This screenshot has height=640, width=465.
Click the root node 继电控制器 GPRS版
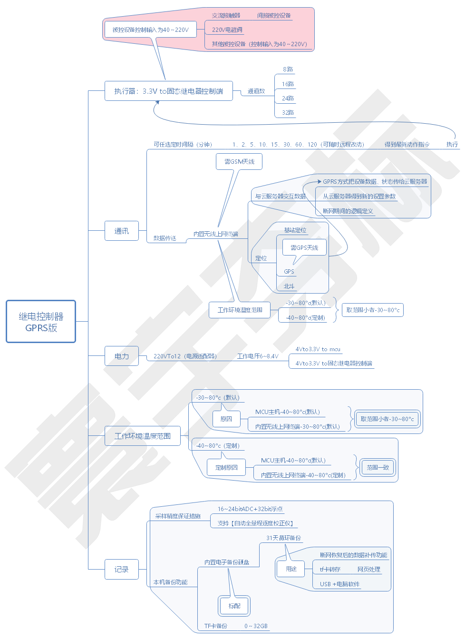point(41,322)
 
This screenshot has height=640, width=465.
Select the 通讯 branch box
point(122,231)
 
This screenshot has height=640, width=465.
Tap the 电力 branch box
point(122,356)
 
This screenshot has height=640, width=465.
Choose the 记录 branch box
point(122,569)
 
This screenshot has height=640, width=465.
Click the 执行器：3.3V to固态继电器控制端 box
point(169,91)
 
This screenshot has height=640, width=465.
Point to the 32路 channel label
point(288,112)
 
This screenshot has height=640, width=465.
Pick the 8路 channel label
point(288,69)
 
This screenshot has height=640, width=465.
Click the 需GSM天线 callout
point(240,161)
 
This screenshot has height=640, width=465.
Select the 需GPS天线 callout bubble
point(304,247)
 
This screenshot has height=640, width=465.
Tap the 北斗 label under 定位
point(289,286)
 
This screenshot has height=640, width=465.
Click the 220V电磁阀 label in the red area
point(227,30)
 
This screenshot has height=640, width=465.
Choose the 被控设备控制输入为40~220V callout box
point(150,30)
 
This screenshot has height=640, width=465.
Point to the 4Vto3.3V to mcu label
point(318,349)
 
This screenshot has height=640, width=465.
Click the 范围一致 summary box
point(378,467)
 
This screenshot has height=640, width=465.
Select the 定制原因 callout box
point(226,467)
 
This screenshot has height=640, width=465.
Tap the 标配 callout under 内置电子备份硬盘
point(234,606)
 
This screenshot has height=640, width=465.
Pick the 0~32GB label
point(256,626)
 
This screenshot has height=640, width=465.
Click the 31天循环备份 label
point(283,538)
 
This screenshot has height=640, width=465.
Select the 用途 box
point(291,569)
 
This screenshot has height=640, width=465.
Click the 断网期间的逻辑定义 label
point(348,211)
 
